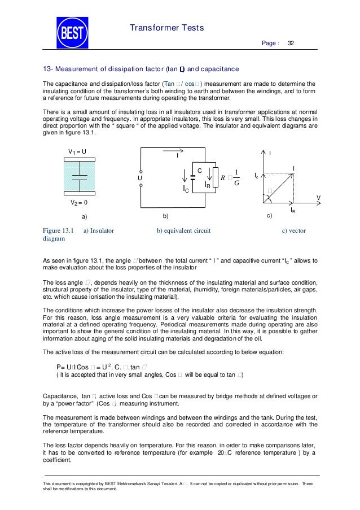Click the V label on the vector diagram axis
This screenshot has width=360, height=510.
[x=318, y=198]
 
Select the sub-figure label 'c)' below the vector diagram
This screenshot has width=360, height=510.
[x=269, y=216]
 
